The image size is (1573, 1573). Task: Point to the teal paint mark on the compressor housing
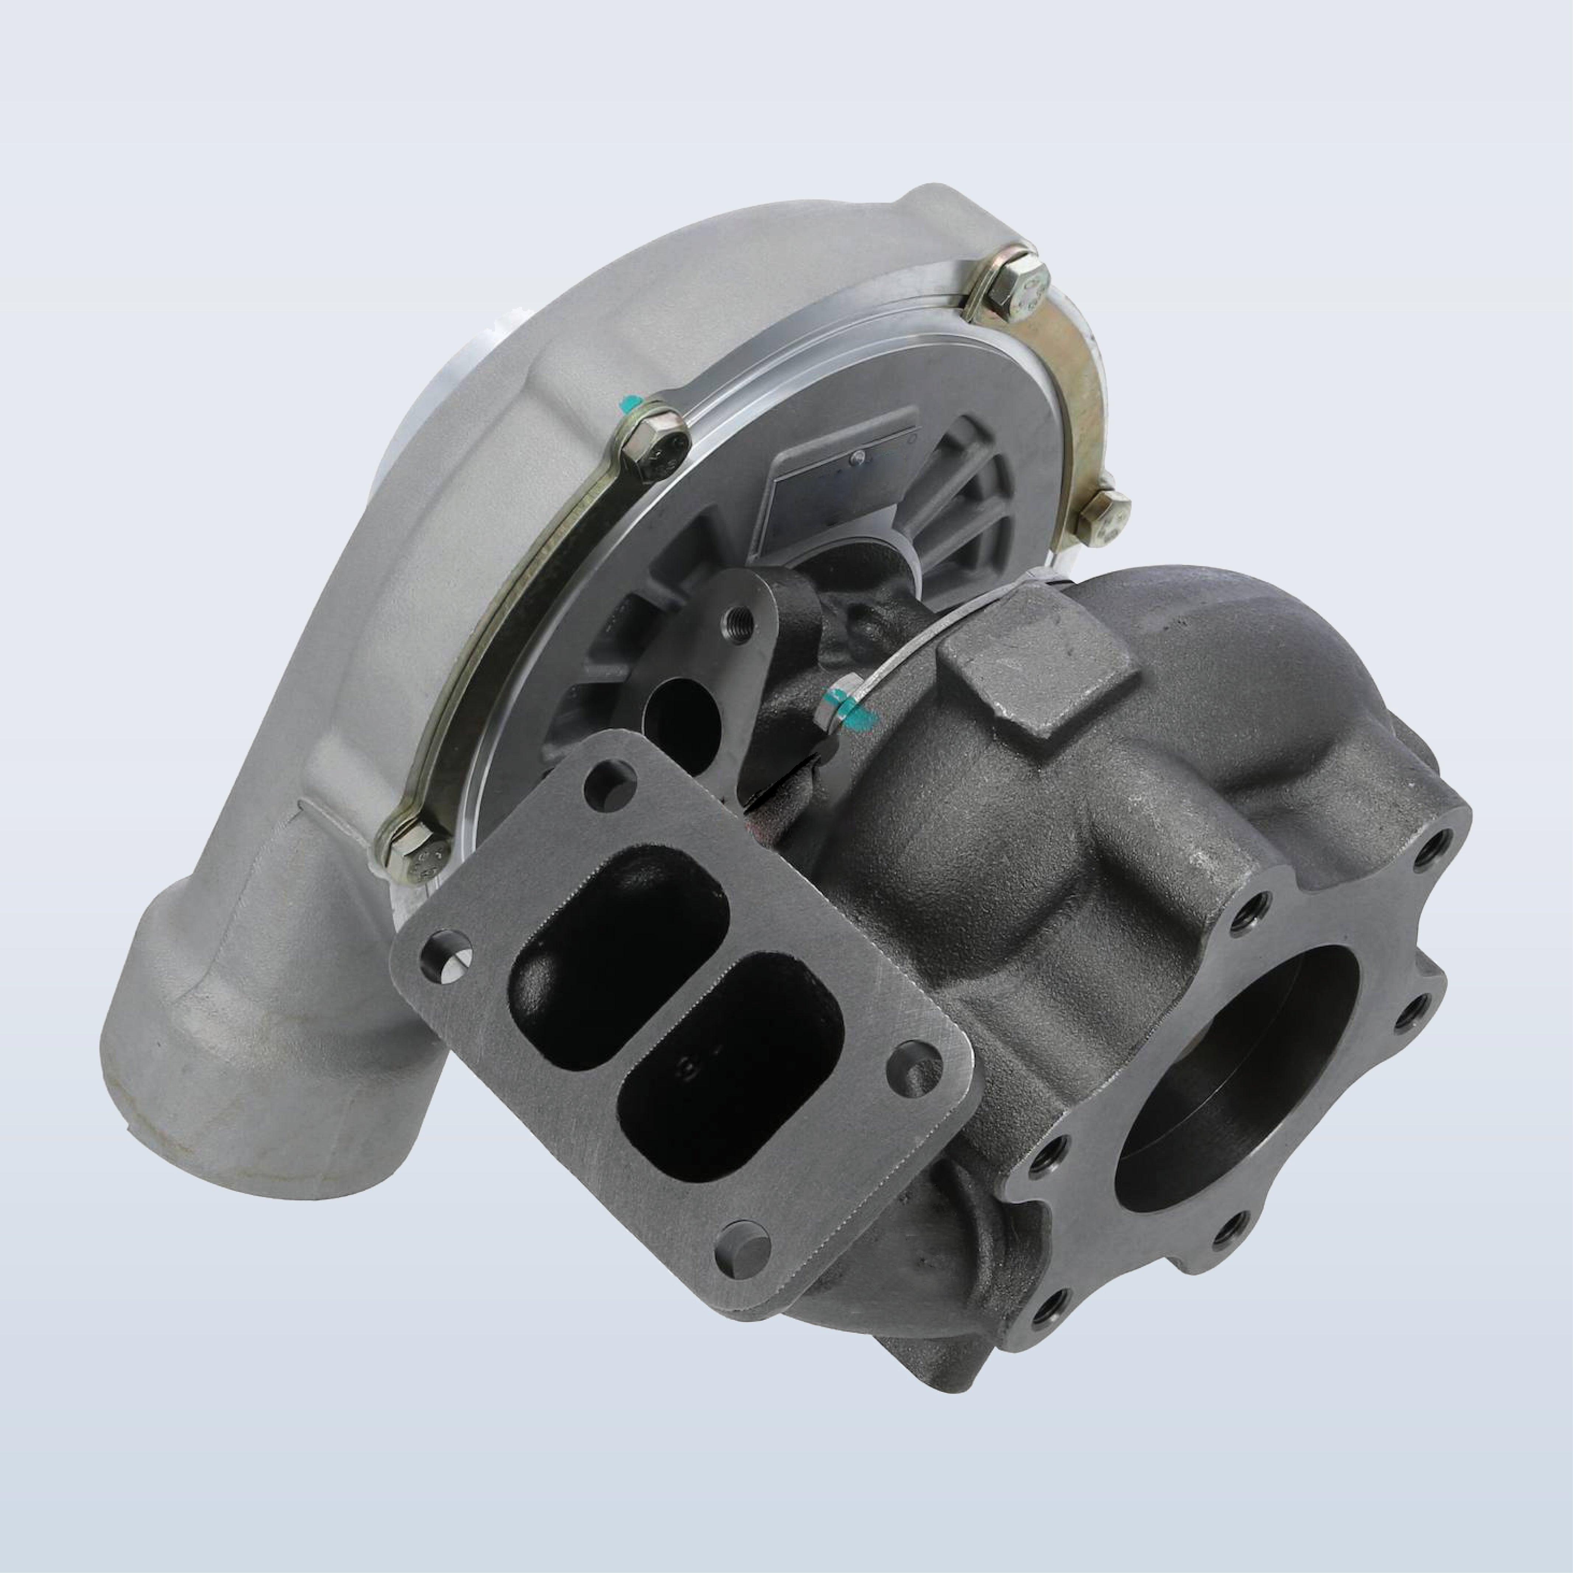[x=628, y=405]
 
